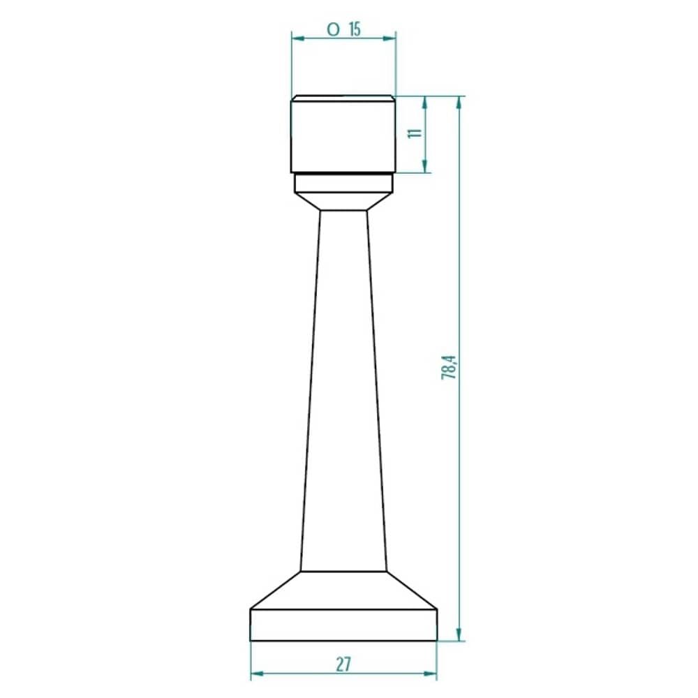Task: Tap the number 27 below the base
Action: [343, 664]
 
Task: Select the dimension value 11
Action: [415, 133]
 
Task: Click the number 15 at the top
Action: [355, 30]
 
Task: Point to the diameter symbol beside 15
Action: [333, 30]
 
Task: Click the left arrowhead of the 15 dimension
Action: [298, 38]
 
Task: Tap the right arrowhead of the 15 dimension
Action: [389, 38]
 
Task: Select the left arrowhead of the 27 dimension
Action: [258, 674]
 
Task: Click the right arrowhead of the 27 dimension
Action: [429, 674]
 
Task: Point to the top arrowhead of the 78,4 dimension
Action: [459, 103]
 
